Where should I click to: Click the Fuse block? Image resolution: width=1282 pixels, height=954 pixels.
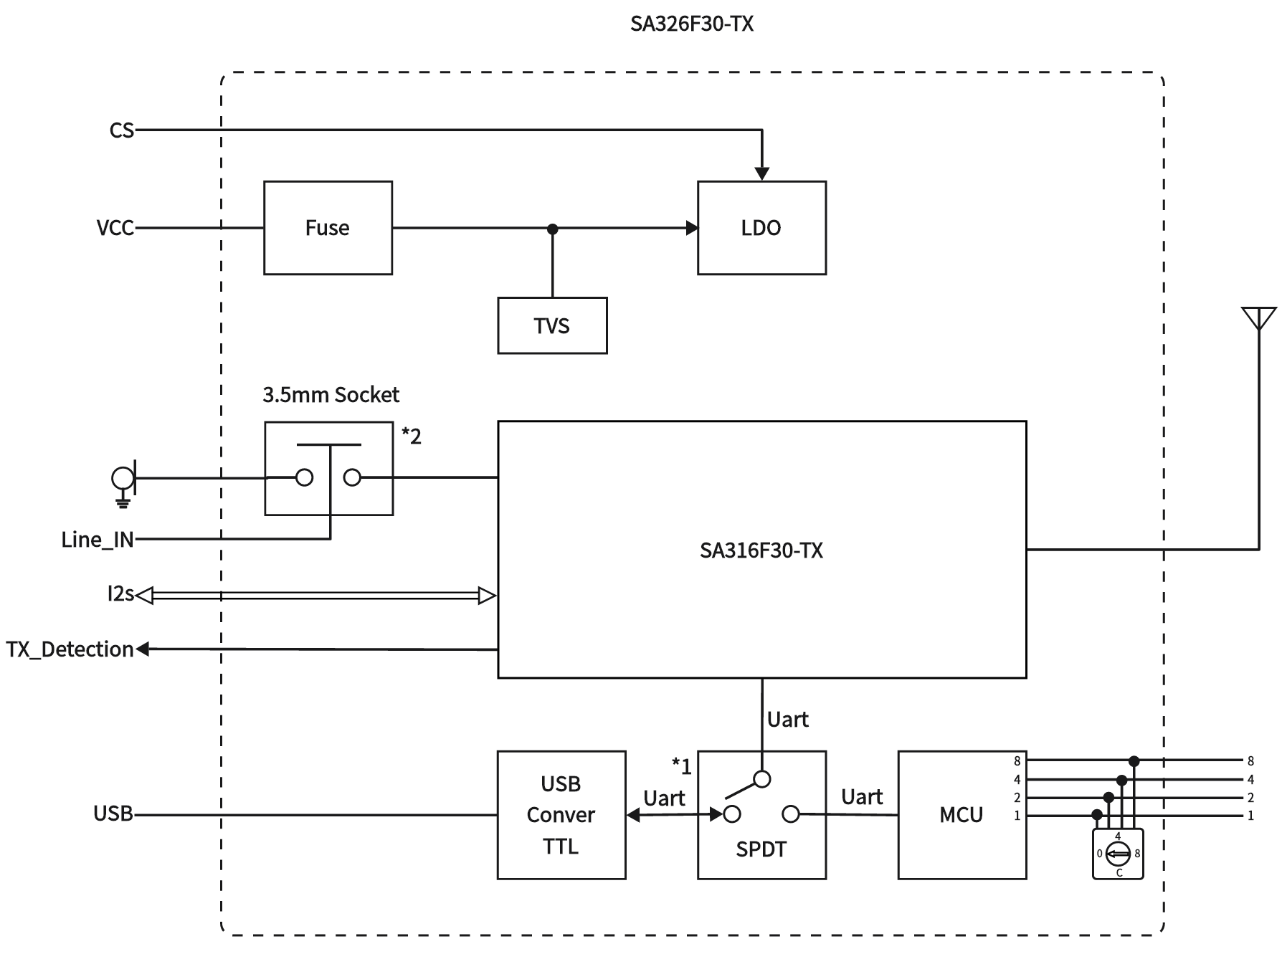click(x=328, y=228)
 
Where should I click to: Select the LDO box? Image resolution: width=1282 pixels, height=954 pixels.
click(x=761, y=228)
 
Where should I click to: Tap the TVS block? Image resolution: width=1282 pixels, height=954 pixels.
click(x=552, y=325)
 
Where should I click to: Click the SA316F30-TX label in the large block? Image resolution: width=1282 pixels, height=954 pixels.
click(x=761, y=550)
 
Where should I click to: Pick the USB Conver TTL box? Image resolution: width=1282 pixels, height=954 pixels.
click(x=561, y=815)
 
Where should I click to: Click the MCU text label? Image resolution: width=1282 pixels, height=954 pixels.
click(x=961, y=815)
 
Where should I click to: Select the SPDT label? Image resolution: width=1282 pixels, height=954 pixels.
click(x=761, y=849)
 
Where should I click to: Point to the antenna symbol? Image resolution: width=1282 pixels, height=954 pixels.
click(x=1259, y=319)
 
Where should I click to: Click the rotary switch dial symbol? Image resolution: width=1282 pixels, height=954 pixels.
click(x=1118, y=853)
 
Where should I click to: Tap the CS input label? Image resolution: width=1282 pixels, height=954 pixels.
click(x=122, y=130)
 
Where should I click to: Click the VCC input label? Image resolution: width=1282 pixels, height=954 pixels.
click(x=115, y=228)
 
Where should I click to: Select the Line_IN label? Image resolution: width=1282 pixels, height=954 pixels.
click(x=98, y=540)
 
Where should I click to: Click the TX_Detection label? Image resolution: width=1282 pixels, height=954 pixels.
click(x=70, y=649)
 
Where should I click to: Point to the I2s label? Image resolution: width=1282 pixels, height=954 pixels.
click(x=120, y=594)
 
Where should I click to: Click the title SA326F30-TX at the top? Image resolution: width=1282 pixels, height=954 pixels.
click(x=691, y=24)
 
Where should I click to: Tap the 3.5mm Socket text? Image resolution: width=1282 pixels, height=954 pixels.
click(x=331, y=395)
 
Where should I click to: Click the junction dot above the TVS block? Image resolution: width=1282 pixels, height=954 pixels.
click(x=552, y=229)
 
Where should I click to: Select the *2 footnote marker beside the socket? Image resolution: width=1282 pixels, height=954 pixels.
click(x=412, y=435)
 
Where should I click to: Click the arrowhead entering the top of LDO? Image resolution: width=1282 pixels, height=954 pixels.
click(x=761, y=173)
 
